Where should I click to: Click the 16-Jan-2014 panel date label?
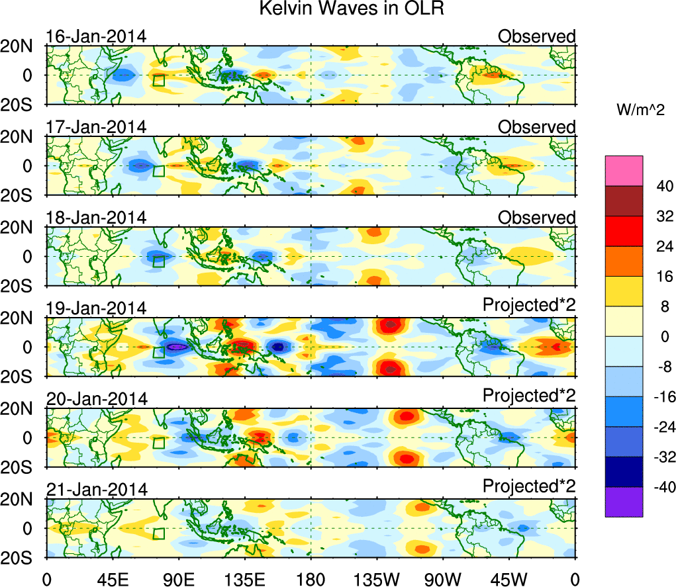point(96,36)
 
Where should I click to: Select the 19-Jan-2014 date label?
point(96,308)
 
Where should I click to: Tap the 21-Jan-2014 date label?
point(96,490)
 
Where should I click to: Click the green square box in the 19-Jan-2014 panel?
point(158,352)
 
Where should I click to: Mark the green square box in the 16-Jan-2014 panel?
point(158,80)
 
